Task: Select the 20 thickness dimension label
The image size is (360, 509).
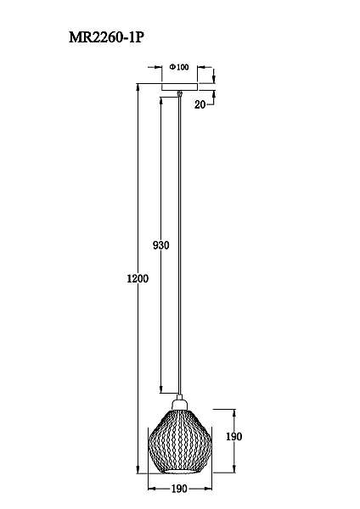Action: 200,104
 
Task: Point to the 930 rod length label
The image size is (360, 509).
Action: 160,245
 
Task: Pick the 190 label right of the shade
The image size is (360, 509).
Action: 234,436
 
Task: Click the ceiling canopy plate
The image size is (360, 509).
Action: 179,86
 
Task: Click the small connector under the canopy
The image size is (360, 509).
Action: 179,93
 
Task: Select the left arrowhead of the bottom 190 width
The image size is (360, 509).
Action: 151,489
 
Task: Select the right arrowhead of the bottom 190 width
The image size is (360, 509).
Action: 208,489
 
